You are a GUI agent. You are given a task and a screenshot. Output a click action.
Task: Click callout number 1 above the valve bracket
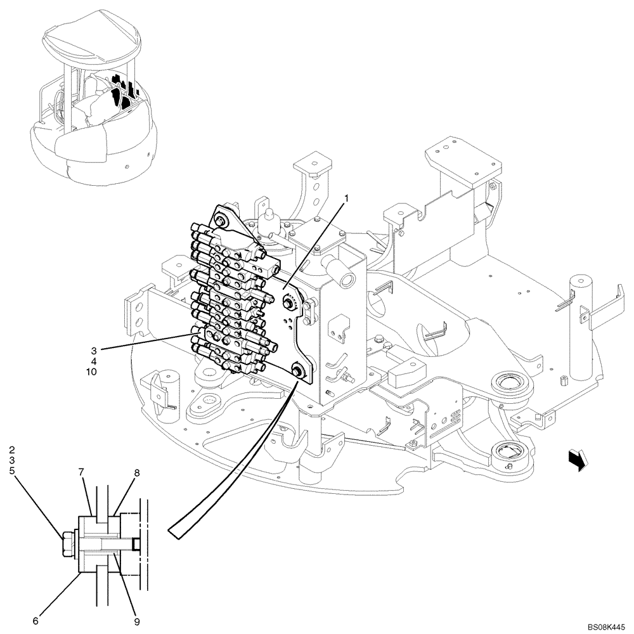(x=346, y=198)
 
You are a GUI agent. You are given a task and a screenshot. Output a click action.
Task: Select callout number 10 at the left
(x=92, y=372)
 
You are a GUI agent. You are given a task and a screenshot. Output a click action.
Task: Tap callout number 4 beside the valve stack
(x=93, y=361)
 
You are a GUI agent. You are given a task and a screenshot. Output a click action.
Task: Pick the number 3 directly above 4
(x=93, y=350)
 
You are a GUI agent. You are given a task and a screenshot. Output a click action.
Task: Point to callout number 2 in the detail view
(x=11, y=451)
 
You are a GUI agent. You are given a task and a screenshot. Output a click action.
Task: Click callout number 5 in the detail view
(x=11, y=471)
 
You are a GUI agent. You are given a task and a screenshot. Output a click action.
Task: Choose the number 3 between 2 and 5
(x=11, y=461)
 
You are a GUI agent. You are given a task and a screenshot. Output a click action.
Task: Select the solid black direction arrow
(x=578, y=459)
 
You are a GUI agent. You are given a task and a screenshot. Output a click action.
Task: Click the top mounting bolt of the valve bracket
(x=221, y=221)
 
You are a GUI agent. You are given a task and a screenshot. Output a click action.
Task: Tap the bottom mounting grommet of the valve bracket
(x=297, y=370)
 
